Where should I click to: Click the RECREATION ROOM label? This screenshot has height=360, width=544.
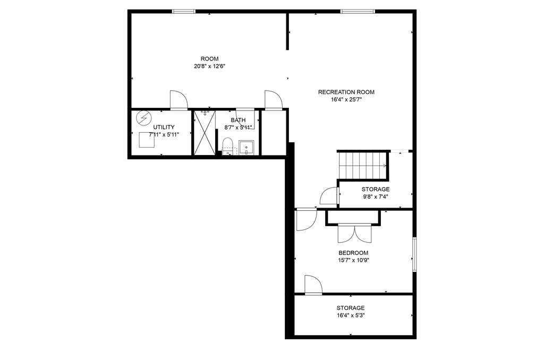(x=346, y=92)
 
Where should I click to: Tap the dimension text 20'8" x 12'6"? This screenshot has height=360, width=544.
(x=209, y=66)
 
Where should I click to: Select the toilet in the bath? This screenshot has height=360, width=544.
(x=227, y=146)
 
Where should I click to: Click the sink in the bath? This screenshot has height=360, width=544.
(x=246, y=148)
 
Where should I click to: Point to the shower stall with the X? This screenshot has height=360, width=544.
(x=205, y=133)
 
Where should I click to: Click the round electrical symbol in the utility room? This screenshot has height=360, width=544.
(x=143, y=117)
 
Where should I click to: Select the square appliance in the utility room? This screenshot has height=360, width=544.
(x=147, y=140)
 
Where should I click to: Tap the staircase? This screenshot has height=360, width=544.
(x=363, y=166)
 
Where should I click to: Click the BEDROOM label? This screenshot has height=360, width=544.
(x=353, y=253)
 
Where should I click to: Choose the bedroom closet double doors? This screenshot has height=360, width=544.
(x=354, y=234)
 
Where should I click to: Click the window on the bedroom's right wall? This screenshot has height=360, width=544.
(x=414, y=254)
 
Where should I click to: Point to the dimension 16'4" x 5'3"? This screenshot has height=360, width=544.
(x=351, y=315)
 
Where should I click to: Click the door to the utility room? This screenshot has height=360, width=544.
(x=178, y=100)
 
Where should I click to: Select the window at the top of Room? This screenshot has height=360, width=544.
(x=184, y=12)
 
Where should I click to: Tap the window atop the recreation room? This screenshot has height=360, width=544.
(x=358, y=12)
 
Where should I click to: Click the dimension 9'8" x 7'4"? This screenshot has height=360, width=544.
(x=376, y=197)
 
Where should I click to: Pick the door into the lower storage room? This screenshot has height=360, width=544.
(x=313, y=285)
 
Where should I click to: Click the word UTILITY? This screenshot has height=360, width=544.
(x=164, y=127)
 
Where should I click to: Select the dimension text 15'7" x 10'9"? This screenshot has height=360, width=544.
(x=353, y=261)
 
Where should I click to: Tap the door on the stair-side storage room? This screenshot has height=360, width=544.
(x=329, y=196)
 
